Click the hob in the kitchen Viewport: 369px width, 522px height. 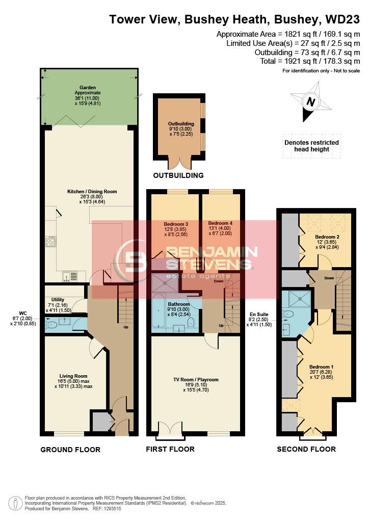(50, 241)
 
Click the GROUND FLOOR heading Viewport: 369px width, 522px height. (70, 450)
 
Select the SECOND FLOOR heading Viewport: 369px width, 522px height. (306, 449)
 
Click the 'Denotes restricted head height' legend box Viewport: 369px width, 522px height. (311, 146)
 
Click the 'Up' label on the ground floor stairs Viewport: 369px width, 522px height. (125, 327)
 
